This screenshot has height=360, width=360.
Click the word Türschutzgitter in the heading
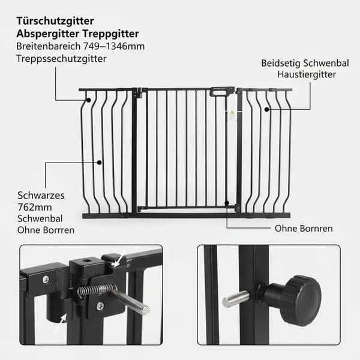pyautogui.click(x=55, y=21)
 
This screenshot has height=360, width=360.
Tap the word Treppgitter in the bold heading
pyautogui.click(x=110, y=34)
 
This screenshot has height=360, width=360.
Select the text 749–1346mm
pyautogui.click(x=114, y=46)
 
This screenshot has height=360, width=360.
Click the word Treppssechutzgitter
pyautogui.click(x=61, y=59)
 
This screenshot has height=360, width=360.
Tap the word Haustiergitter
pyautogui.click(x=307, y=74)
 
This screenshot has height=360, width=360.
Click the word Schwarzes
pyautogui.click(x=41, y=196)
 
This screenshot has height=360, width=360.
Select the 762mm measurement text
pyautogui.click(x=35, y=207)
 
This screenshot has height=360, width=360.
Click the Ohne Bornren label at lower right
pyautogui.click(x=304, y=229)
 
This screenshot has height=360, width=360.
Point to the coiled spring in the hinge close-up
pyautogui.click(x=97, y=290)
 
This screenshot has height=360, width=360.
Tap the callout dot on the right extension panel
pyautogui.click(x=266, y=110)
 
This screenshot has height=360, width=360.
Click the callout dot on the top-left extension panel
pyautogui.click(x=88, y=100)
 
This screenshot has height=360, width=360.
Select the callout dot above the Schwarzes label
pyautogui.click(x=99, y=163)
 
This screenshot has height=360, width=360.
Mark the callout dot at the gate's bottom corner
pyautogui.click(x=227, y=203)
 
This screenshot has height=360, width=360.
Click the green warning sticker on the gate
pyautogui.click(x=232, y=113)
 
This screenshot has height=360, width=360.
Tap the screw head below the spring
pyautogui.click(x=100, y=306)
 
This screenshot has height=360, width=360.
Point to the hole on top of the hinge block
pyautogui.click(x=86, y=261)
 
